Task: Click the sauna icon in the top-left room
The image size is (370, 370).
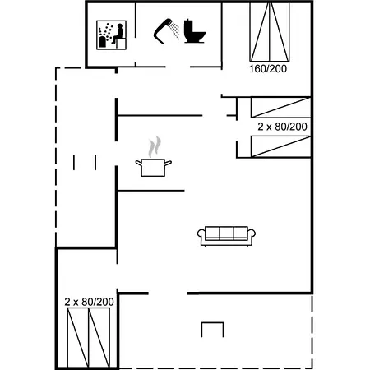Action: coord(110,34)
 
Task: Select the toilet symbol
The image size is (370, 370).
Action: coord(195,31)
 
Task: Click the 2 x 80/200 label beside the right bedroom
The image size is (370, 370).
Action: coord(282,127)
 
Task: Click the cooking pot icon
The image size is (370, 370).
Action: coord(154,168)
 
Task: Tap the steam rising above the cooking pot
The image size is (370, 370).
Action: coord(154,147)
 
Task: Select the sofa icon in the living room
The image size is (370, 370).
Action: coord(226,235)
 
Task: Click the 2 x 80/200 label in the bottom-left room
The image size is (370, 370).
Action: coord(88,303)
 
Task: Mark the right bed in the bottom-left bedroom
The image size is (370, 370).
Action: coord(99,337)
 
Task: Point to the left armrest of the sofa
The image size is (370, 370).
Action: coord(201,237)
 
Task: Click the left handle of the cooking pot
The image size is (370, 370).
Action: coord(138,164)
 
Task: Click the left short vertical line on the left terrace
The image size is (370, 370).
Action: coord(74,162)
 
